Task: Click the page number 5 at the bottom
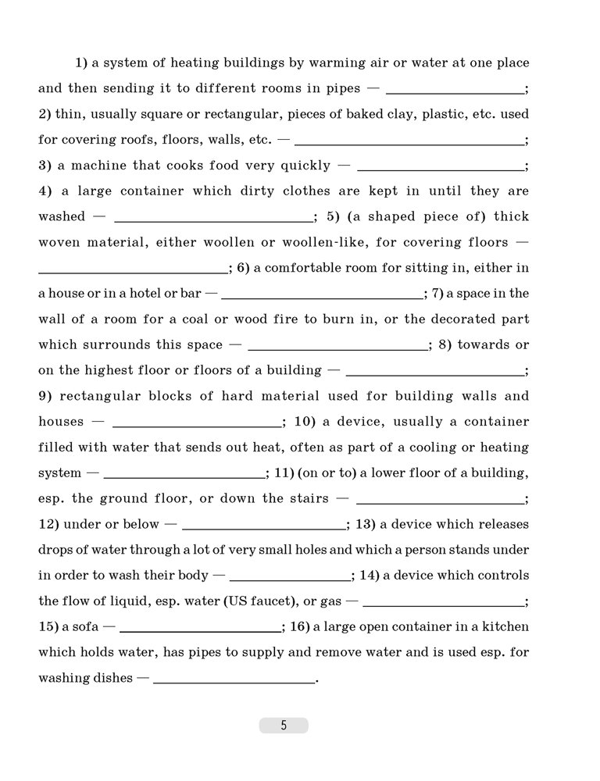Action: pos(284,726)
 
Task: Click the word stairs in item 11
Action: pos(305,498)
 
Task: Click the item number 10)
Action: pos(304,422)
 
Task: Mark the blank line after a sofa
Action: pos(200,630)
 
